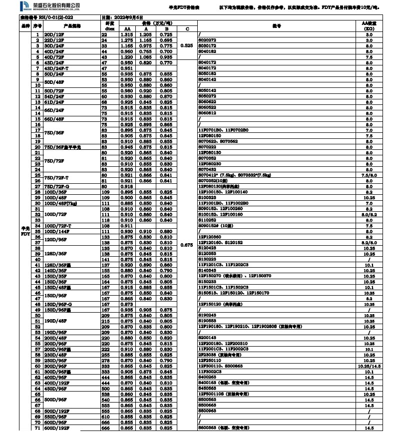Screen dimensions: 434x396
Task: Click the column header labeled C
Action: point(187,29)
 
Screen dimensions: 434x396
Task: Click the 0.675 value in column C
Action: point(187,245)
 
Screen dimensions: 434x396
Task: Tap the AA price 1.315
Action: point(127,34)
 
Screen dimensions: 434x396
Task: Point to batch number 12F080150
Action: point(209,135)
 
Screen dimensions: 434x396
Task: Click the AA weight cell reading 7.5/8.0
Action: point(369,175)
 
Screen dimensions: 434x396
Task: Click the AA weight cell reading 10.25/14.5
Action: point(369,366)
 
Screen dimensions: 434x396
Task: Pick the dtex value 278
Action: point(105,360)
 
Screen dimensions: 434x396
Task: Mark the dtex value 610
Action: point(105,417)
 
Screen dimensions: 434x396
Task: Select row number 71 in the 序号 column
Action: point(37,428)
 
